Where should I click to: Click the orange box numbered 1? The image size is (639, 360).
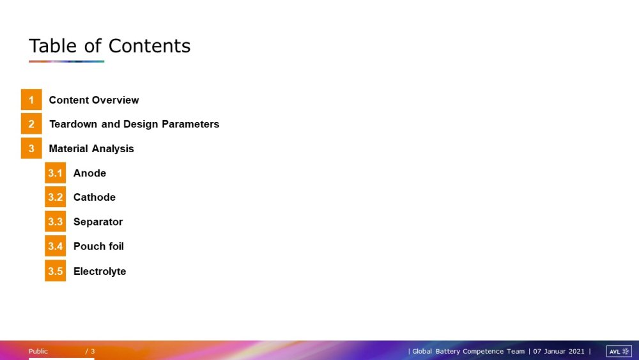(31, 100)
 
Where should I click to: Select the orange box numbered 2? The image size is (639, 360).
(31, 124)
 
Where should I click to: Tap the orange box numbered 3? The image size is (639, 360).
(31, 148)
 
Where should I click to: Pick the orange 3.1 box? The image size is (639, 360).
(56, 173)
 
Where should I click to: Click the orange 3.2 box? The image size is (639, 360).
(56, 197)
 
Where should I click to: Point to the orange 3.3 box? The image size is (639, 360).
(56, 222)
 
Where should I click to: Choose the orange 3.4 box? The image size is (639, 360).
(56, 246)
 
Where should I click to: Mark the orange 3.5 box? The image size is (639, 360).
(56, 271)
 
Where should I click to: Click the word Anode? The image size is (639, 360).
(89, 173)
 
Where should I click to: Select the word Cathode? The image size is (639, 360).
(95, 198)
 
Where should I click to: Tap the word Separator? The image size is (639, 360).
(98, 222)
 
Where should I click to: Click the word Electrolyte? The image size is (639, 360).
(100, 272)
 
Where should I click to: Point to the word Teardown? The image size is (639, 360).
(73, 124)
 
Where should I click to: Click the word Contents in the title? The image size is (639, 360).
(150, 45)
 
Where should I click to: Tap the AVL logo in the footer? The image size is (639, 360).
(619, 352)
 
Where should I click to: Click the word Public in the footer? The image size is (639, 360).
(38, 352)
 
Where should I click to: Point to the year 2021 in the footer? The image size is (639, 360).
(576, 352)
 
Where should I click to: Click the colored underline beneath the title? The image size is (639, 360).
(66, 61)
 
